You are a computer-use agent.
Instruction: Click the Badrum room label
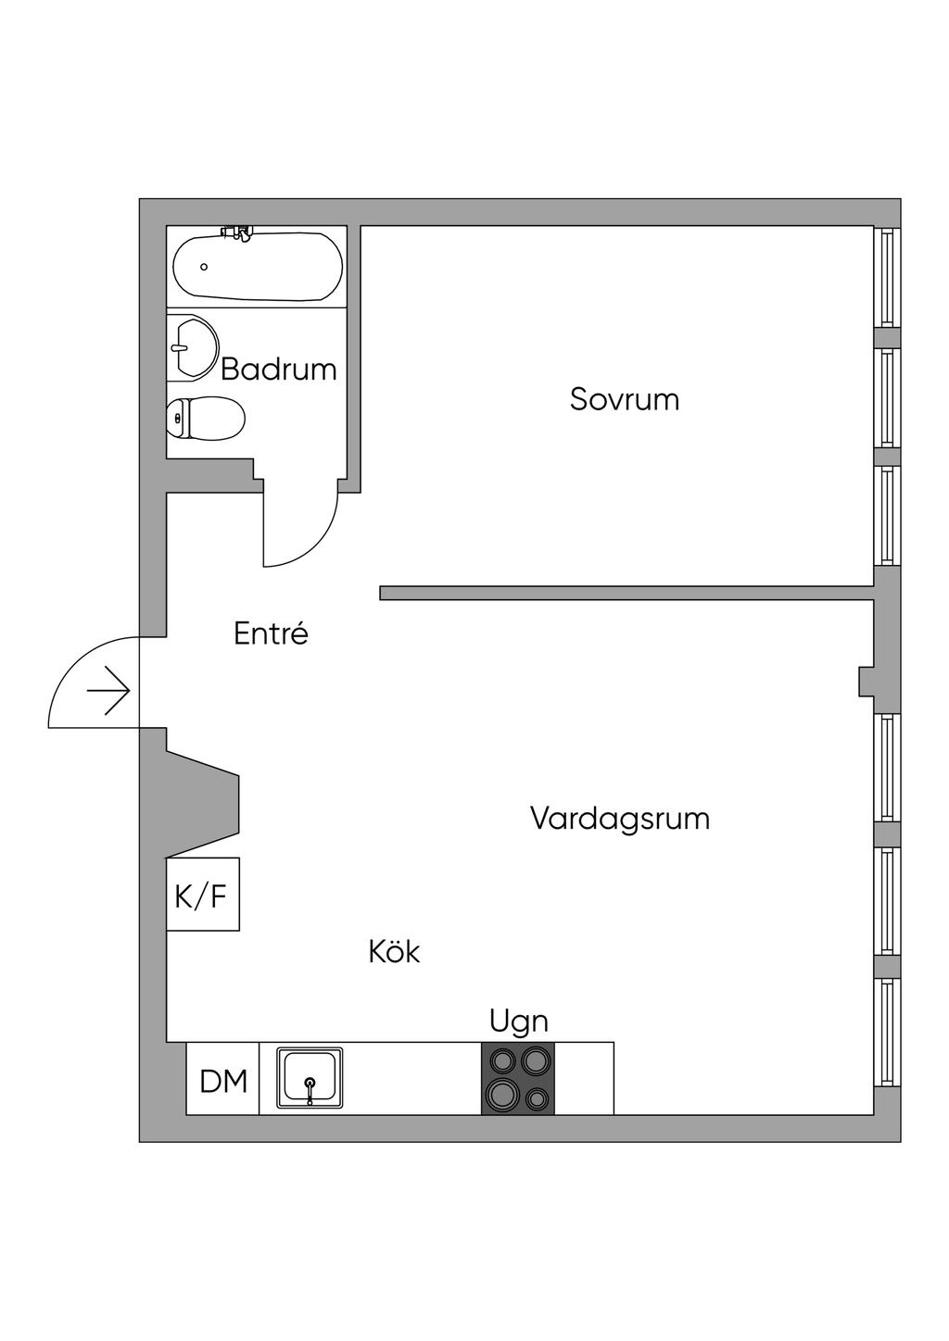[x=279, y=370]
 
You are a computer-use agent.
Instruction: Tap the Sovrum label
[x=625, y=399]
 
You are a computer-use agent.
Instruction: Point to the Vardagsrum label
[x=620, y=819]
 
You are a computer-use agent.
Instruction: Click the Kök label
[x=394, y=951]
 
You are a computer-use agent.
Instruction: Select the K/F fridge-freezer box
[x=203, y=894]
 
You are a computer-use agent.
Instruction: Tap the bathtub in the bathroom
[x=258, y=267]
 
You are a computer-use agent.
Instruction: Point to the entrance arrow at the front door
[x=108, y=691]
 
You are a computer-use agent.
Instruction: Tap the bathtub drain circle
[x=204, y=267]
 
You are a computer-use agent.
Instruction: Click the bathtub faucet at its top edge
[x=237, y=232]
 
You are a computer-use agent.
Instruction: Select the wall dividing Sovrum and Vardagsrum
[x=626, y=593]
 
